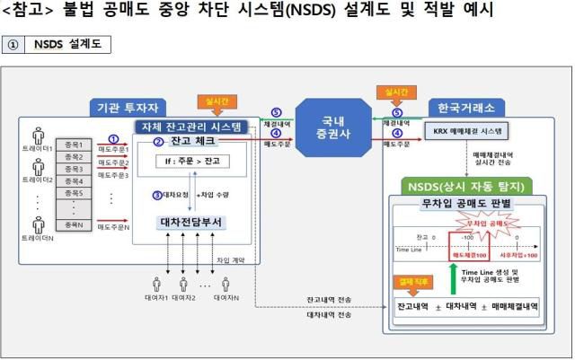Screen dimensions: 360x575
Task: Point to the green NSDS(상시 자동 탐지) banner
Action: coord(467,188)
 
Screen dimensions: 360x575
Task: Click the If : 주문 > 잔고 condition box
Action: coord(190,162)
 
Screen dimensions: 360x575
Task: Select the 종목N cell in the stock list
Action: coord(74,224)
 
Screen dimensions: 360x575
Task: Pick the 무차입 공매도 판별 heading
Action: coord(467,205)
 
